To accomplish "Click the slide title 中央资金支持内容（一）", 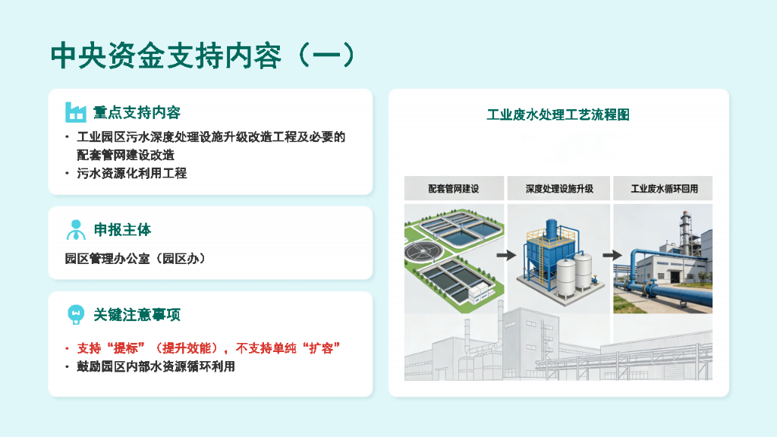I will (x=203, y=55).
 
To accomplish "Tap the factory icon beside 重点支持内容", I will (x=75, y=112).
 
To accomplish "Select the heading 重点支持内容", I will (x=137, y=113).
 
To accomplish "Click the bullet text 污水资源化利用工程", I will (x=131, y=173).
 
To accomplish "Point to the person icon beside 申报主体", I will (x=75, y=229).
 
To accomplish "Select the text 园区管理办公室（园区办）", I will (x=136, y=259).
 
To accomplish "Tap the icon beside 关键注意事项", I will (x=75, y=314).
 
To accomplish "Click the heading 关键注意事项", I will (x=137, y=314).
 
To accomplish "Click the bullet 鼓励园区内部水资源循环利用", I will (x=156, y=367).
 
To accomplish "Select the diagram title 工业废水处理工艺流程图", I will (x=558, y=115).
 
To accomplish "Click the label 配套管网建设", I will (x=454, y=189).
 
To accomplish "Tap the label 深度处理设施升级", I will (x=558, y=189).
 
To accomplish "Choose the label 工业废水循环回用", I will (x=663, y=189).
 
